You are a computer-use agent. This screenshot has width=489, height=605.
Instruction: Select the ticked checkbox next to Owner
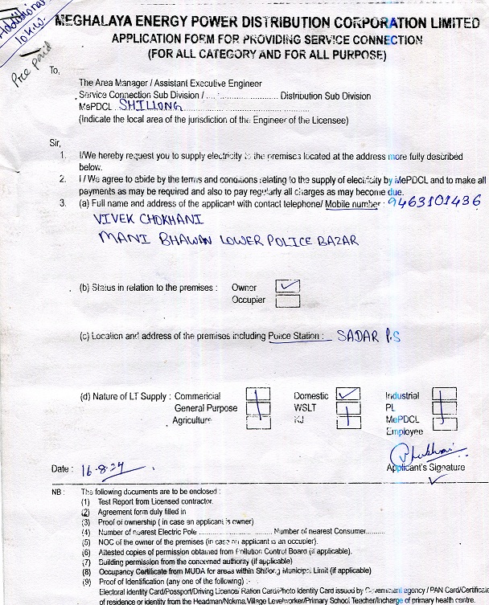pos(287,285)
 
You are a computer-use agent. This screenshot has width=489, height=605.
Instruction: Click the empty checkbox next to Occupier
pos(287,300)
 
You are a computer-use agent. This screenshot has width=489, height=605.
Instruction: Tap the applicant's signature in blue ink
pos(418,451)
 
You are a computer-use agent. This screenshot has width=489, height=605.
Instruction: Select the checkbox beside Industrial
pos(443,394)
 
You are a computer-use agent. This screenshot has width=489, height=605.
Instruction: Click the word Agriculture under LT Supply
pos(199,421)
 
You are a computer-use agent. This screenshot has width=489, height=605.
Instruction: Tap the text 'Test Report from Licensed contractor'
pos(160,500)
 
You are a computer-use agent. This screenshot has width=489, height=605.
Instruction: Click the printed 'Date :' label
pos(61,468)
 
